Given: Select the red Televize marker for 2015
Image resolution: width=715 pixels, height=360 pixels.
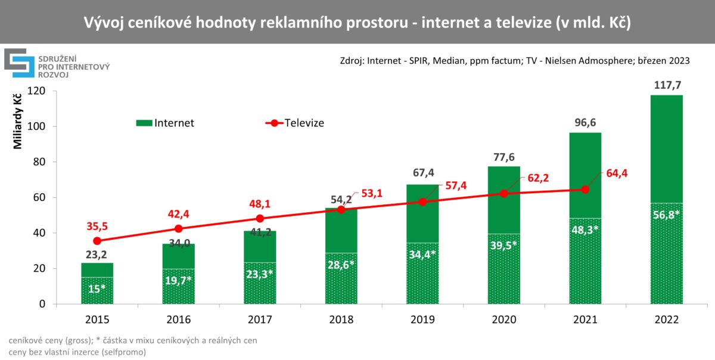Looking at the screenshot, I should [97, 241].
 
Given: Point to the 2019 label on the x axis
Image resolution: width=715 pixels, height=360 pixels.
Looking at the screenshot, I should [422, 319].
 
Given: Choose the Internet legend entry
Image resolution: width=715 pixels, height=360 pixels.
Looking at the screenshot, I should [165, 123].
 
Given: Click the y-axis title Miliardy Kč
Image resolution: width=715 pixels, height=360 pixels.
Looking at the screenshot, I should [17, 120].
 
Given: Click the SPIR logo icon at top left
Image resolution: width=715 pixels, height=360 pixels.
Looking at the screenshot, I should [18, 63].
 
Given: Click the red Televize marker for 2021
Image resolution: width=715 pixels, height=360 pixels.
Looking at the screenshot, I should [585, 190].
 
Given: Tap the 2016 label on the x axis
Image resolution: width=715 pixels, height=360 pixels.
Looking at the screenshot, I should [178, 319].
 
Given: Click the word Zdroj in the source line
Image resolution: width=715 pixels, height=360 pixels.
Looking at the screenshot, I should [352, 61].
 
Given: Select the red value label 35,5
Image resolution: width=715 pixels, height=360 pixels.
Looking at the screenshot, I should [97, 226].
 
